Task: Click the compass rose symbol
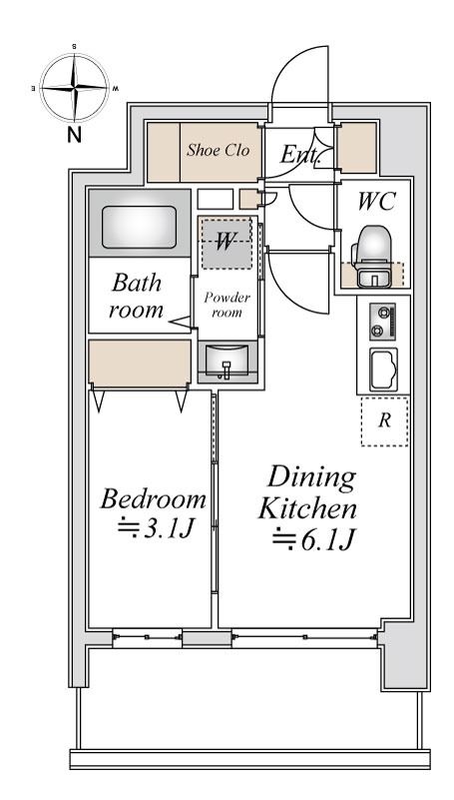click(x=75, y=88)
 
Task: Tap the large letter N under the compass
click(x=75, y=135)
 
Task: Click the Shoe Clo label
click(x=219, y=150)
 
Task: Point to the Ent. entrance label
click(x=300, y=154)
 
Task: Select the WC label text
click(x=376, y=202)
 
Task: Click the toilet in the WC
click(x=374, y=256)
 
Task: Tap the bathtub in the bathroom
click(x=139, y=227)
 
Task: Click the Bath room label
click(x=137, y=296)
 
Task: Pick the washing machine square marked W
click(x=227, y=243)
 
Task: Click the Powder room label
click(x=227, y=305)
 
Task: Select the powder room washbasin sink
click(x=227, y=362)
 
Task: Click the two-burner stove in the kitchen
click(x=383, y=322)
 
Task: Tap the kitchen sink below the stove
click(x=383, y=370)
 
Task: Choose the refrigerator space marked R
click(x=385, y=421)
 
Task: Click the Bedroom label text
click(x=154, y=499)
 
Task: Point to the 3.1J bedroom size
click(x=155, y=529)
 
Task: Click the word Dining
click(x=311, y=478)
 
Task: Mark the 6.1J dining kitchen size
click(x=313, y=539)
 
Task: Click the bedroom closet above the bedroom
click(x=140, y=363)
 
